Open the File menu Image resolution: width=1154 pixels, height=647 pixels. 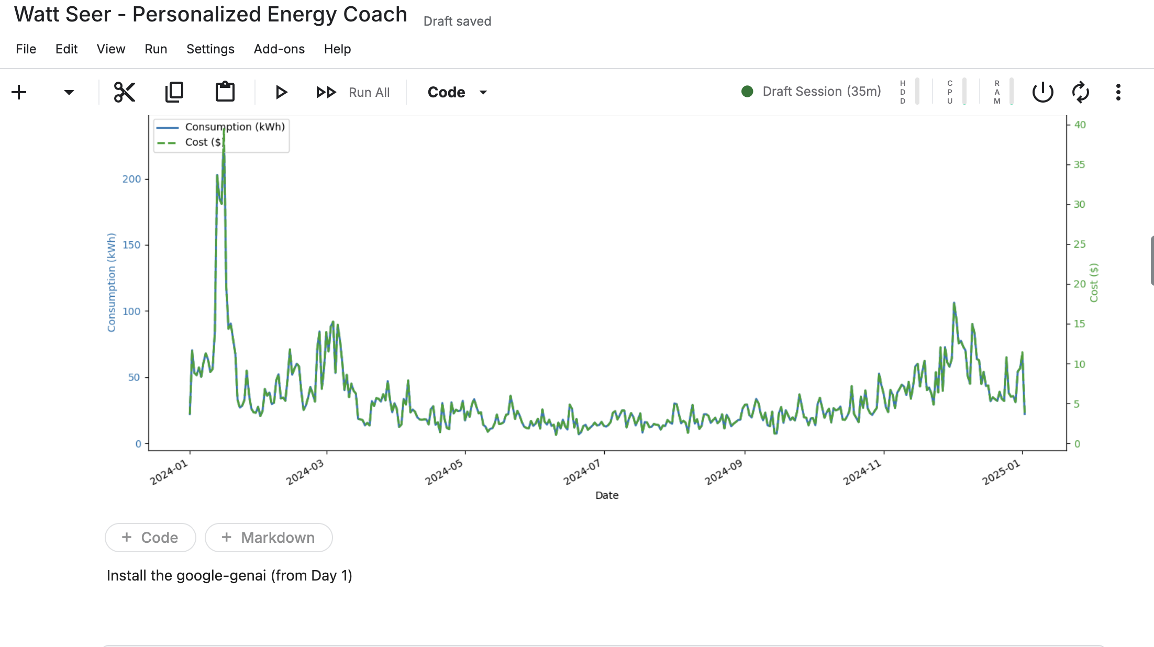pyautogui.click(x=26, y=49)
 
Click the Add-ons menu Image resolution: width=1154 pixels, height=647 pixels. pyautogui.click(x=279, y=49)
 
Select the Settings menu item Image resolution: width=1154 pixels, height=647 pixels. pyautogui.click(x=210, y=49)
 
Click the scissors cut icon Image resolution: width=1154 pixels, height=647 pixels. pyautogui.click(x=125, y=93)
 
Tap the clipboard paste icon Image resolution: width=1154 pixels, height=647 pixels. pyautogui.click(x=225, y=92)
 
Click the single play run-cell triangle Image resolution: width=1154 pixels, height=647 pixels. pyautogui.click(x=281, y=93)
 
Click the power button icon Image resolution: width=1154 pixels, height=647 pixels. pyautogui.click(x=1042, y=93)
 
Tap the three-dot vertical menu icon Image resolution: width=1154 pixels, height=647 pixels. pyautogui.click(x=1118, y=93)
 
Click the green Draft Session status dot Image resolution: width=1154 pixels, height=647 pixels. pyautogui.click(x=747, y=92)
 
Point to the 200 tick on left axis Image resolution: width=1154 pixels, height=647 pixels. pyautogui.click(x=132, y=179)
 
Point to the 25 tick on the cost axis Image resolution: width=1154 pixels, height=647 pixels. pyautogui.click(x=1080, y=244)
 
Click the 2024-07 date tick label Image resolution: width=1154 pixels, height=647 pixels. pyautogui.click(x=582, y=473)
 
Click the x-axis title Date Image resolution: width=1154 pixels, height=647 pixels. pyautogui.click(x=607, y=495)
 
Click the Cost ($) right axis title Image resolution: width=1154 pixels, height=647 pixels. pyautogui.click(x=1094, y=283)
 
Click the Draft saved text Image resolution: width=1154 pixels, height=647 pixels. pyautogui.click(x=457, y=21)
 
